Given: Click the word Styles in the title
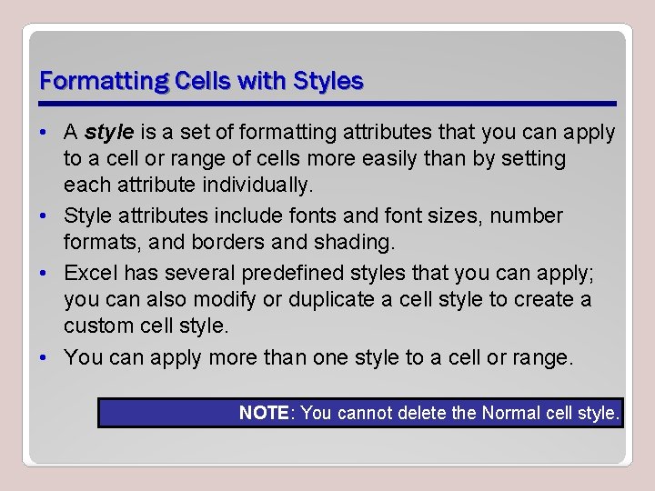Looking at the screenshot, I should pos(327,81).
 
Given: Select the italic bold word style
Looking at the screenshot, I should pos(109,133).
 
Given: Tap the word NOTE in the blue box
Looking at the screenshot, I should pos(264,413).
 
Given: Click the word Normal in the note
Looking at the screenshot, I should pos(510,413).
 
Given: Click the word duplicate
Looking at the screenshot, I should pos(336,299).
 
